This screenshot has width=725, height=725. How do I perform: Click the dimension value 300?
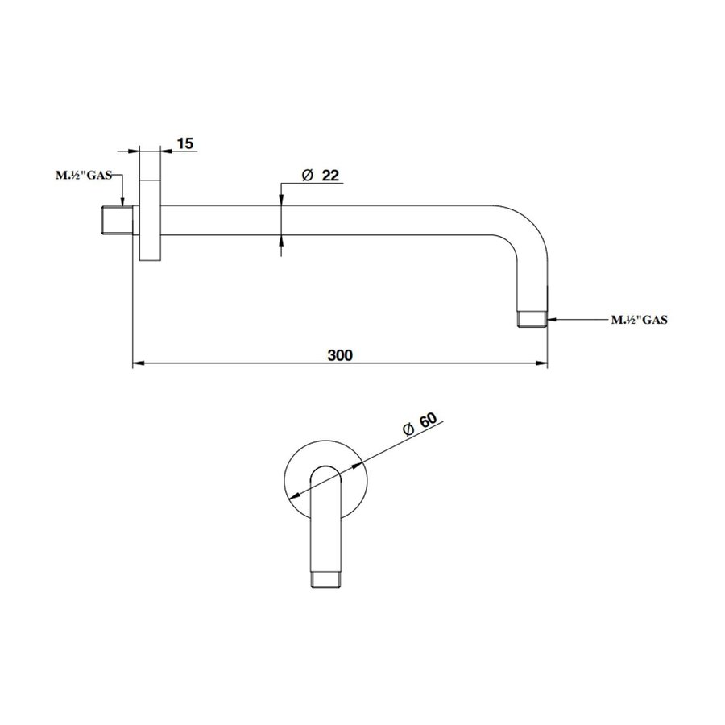(x=341, y=354)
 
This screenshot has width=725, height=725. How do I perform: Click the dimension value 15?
(x=184, y=143)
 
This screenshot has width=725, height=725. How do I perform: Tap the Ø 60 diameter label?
(x=418, y=425)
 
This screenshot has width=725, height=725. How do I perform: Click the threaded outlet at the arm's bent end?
(x=532, y=318)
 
